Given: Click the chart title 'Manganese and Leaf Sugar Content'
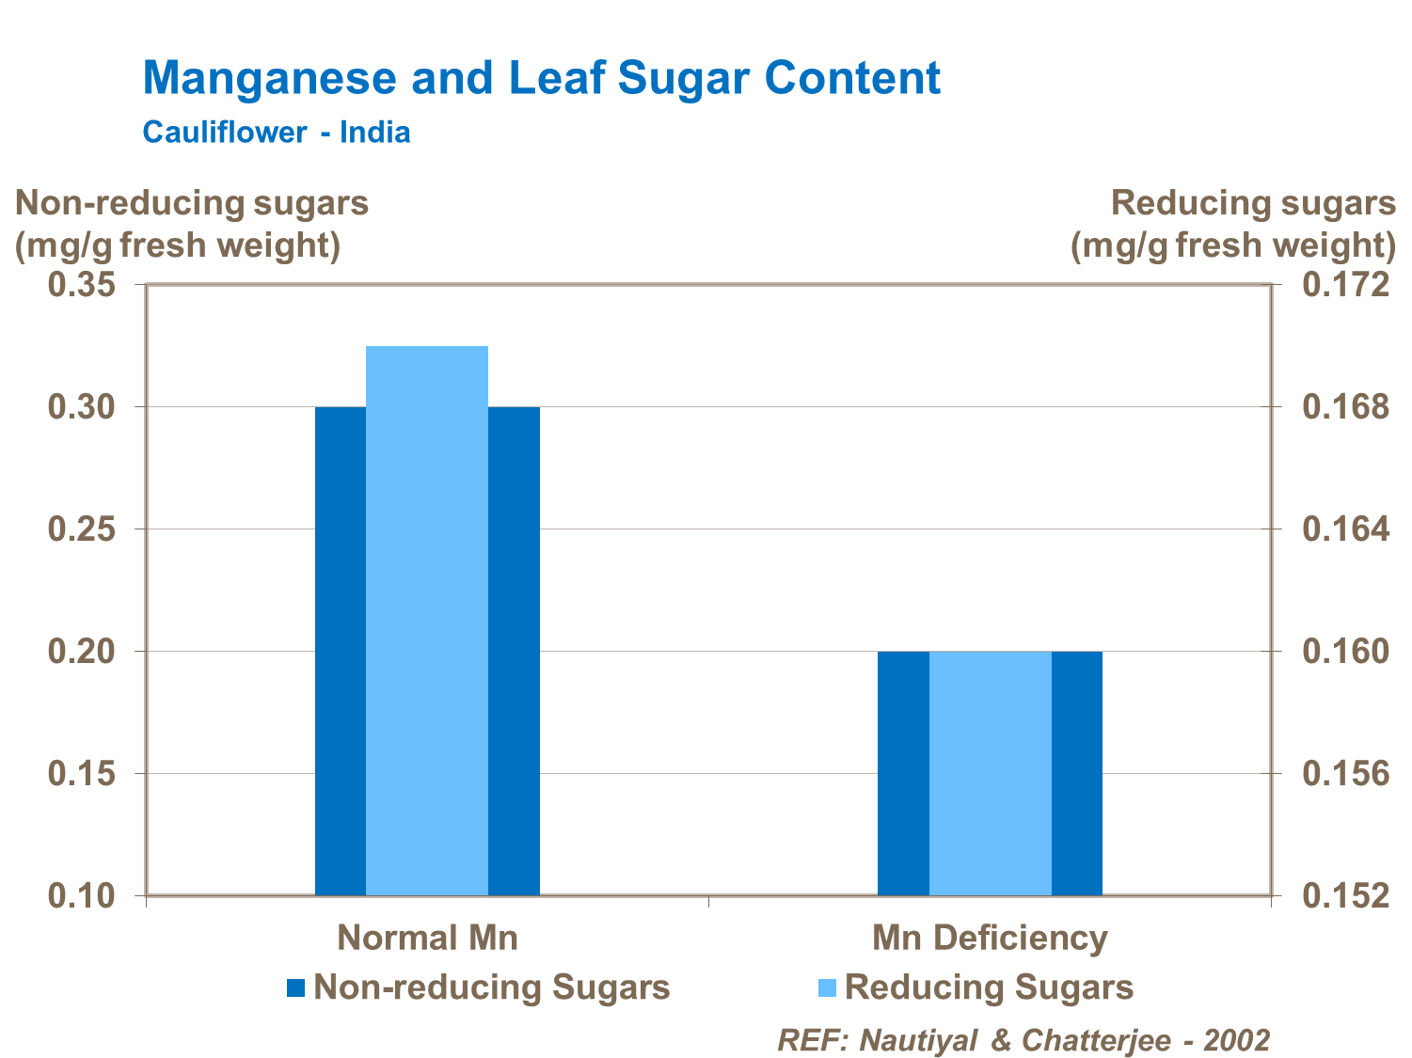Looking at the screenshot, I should [x=541, y=77].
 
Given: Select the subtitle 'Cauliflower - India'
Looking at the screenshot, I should [x=277, y=132].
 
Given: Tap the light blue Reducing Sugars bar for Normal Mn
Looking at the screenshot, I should [x=427, y=620].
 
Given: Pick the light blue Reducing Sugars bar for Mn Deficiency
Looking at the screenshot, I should [x=990, y=772].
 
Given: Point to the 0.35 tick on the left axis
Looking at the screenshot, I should [x=81, y=285].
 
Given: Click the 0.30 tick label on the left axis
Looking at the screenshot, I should [x=81, y=407].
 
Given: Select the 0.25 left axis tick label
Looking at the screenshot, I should [x=81, y=529].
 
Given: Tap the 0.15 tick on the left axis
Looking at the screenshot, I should [x=81, y=774].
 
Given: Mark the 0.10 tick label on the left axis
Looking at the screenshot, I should [x=81, y=896].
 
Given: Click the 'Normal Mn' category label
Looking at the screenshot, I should [x=427, y=938].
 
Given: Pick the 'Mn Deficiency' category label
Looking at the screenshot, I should [x=990, y=938].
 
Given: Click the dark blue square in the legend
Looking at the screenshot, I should [x=296, y=987].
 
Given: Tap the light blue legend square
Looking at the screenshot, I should [x=828, y=987].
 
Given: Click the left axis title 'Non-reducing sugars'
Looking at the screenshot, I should [x=192, y=203].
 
